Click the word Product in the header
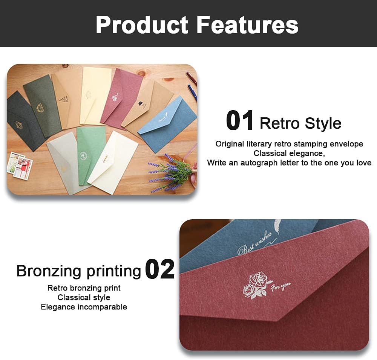point(142,25)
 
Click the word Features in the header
point(248,25)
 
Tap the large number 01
point(240,120)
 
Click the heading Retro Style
point(300,123)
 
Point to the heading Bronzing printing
point(79,271)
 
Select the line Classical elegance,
point(289,153)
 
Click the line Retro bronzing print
point(84,288)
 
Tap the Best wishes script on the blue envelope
point(255,243)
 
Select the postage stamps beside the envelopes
point(20,165)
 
